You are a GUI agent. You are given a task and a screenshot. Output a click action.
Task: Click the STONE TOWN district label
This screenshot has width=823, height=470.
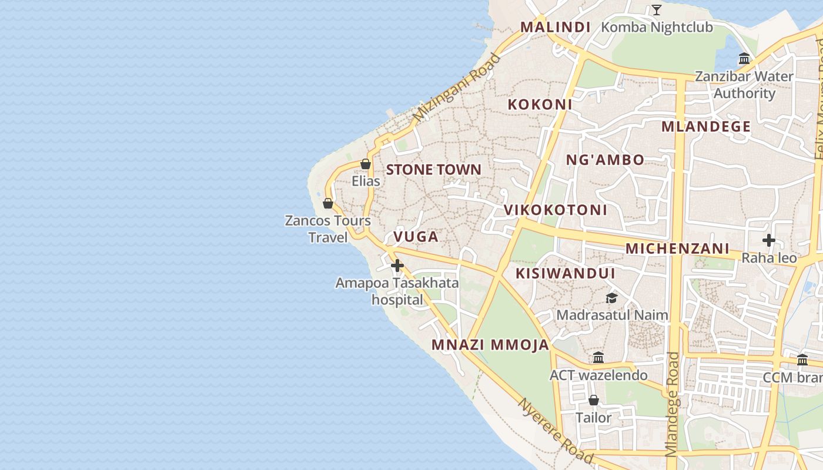coord(433,170)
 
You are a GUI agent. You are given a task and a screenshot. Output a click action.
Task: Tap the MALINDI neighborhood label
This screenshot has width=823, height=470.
coord(556,27)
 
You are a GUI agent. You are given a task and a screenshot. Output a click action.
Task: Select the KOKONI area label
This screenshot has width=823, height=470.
coord(540,105)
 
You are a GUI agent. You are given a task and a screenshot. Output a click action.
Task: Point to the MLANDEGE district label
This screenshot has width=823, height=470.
coord(706,127)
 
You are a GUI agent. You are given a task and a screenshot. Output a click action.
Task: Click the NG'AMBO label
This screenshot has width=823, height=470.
coord(605,160)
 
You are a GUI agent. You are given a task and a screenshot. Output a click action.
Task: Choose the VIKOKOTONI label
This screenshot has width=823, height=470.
coord(556,210)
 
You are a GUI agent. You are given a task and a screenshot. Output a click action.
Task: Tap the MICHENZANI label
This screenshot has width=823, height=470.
coord(677,249)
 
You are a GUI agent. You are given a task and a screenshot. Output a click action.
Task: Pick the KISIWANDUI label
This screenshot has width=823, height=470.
coord(566,273)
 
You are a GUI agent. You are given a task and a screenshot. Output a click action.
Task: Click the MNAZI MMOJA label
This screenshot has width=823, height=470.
coord(490,345)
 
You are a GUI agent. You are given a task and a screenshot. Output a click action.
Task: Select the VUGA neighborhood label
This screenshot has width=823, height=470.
coord(416,237)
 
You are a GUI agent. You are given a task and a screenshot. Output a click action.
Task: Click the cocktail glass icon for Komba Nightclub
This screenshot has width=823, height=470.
coord(657,10)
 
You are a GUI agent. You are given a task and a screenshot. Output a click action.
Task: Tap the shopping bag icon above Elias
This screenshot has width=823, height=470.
coord(365,164)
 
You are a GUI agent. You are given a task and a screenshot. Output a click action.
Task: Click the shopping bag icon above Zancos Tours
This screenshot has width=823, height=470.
coord(328,203)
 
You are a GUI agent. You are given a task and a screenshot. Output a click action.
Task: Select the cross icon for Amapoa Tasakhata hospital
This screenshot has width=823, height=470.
coord(397,266)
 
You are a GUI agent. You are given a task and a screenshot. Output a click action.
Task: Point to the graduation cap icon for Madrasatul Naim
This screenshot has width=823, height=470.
coord(611,298)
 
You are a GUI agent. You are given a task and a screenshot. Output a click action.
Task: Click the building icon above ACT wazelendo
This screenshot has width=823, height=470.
coord(598,357)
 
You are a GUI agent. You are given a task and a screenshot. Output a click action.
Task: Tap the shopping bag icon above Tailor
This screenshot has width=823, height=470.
coord(594,400)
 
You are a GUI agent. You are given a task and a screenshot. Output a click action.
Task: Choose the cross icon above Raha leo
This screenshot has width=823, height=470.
coord(768,240)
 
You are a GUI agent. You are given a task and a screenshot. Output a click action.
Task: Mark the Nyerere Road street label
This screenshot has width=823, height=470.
coord(555,431)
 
